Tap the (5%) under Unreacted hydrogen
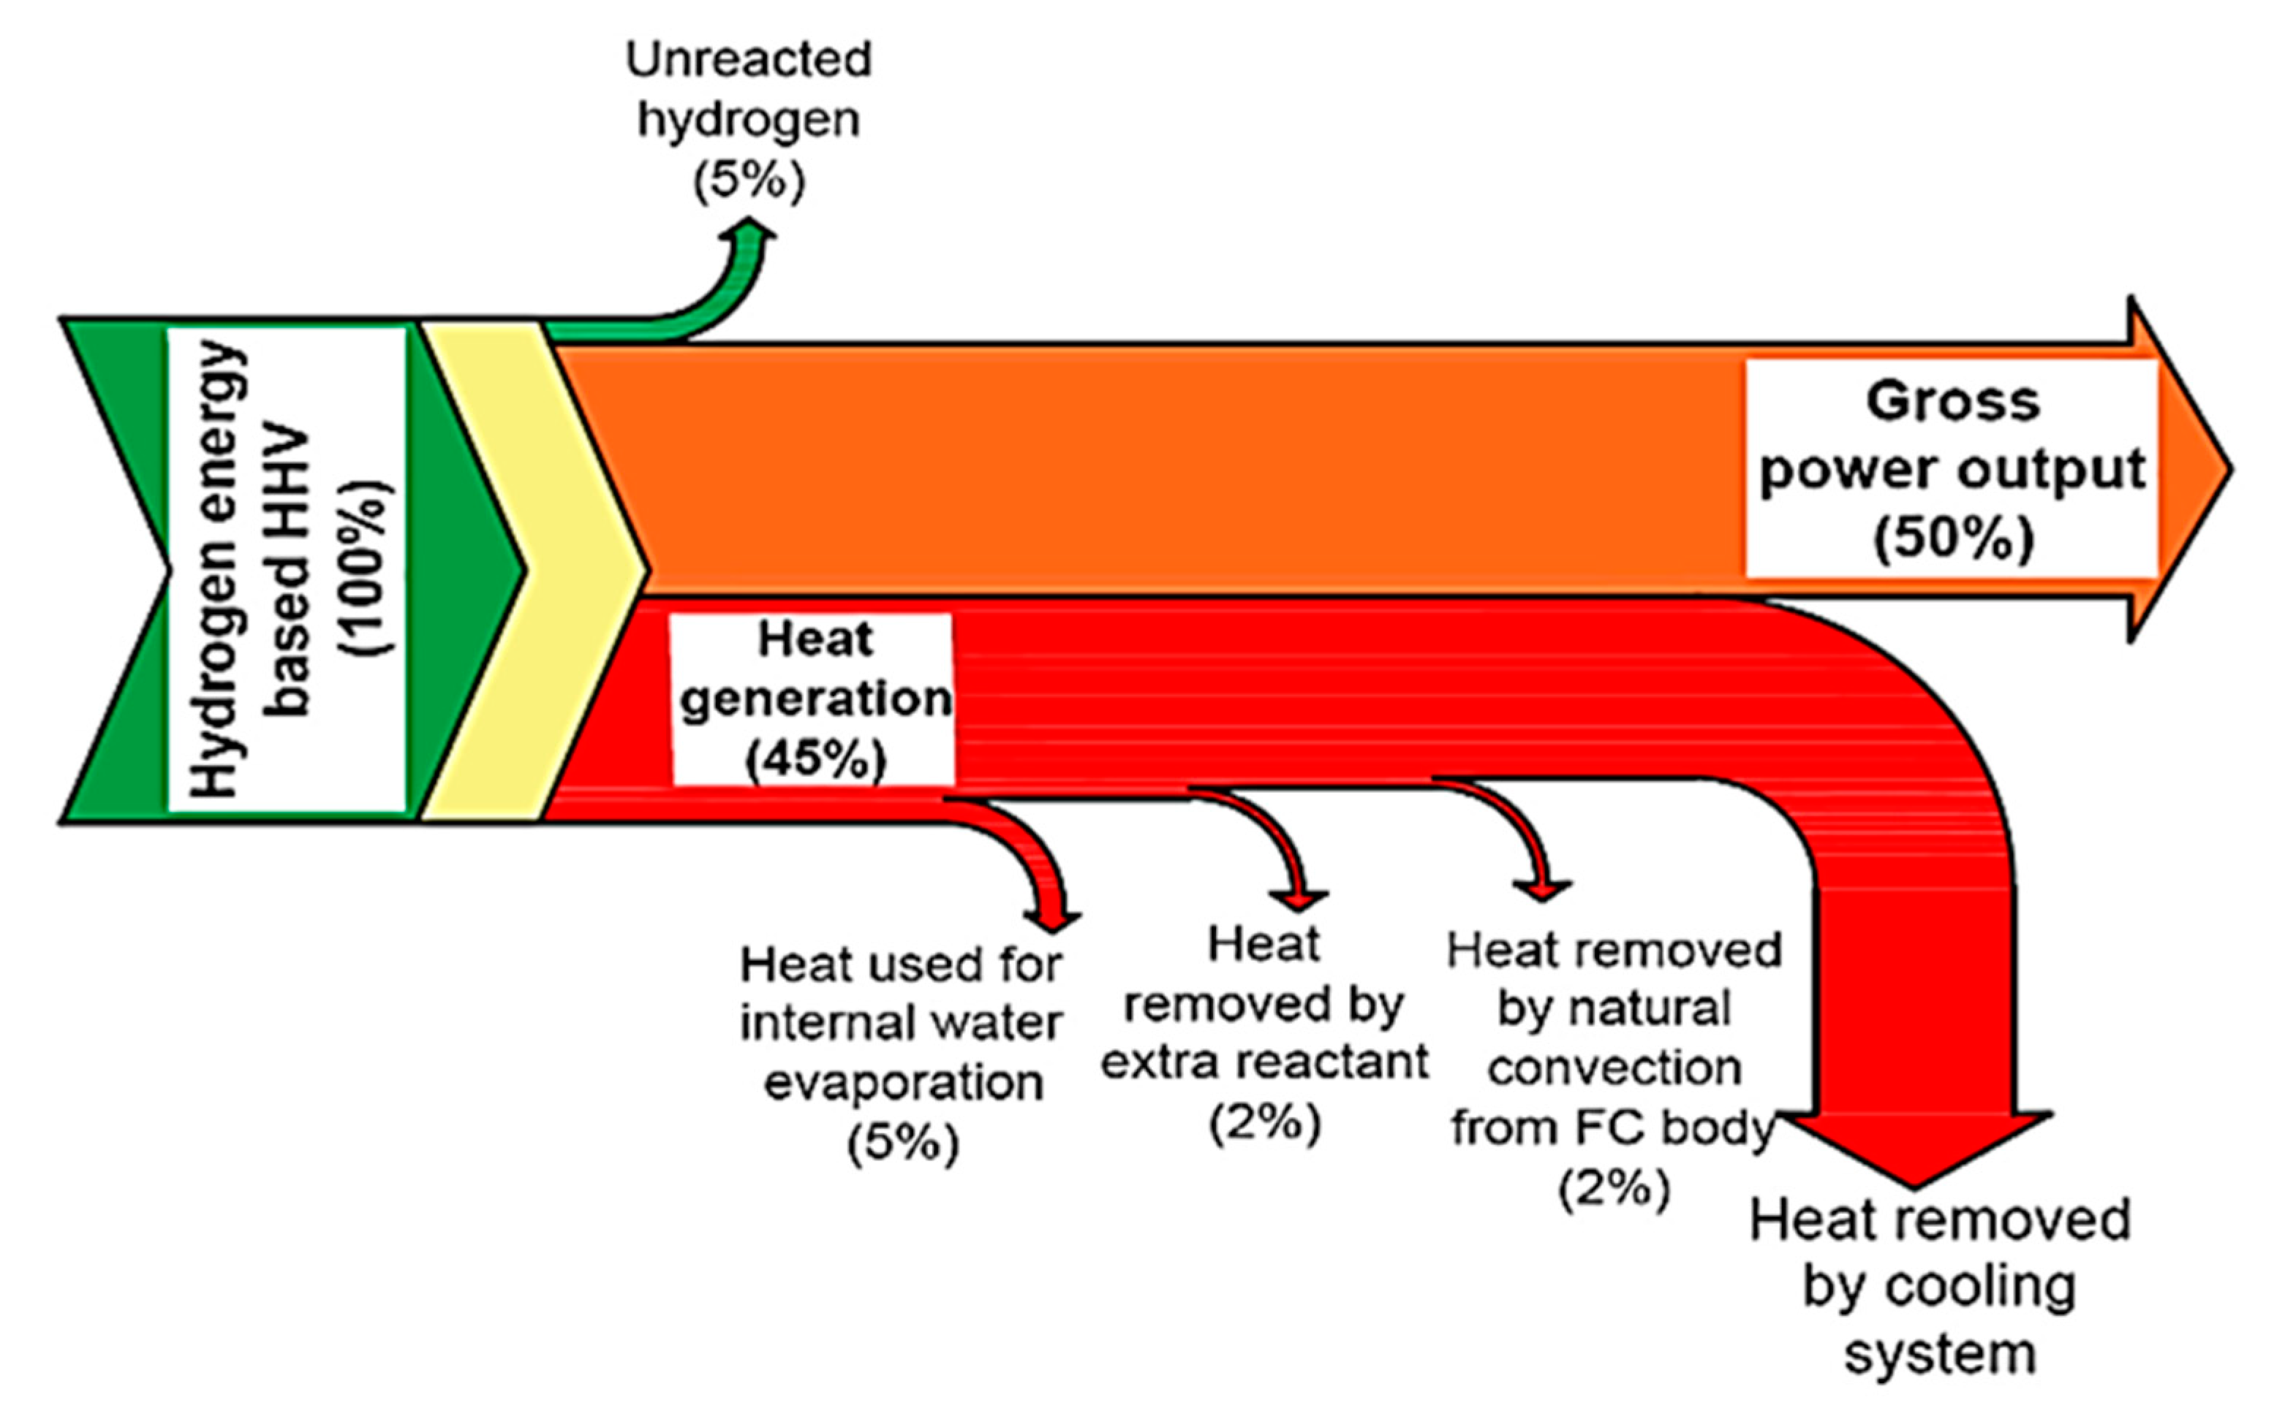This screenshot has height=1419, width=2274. tap(748, 181)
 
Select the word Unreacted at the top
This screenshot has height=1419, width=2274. tap(748, 60)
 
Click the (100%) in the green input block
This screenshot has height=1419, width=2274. tap(368, 568)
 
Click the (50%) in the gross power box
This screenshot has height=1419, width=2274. tap(1953, 538)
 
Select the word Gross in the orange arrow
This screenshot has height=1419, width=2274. tap(1953, 402)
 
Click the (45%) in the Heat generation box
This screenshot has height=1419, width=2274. tap(815, 758)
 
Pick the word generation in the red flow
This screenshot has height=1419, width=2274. tap(815, 699)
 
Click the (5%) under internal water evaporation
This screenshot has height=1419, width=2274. tap(902, 1142)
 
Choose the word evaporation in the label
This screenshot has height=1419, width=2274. tap(902, 1083)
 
